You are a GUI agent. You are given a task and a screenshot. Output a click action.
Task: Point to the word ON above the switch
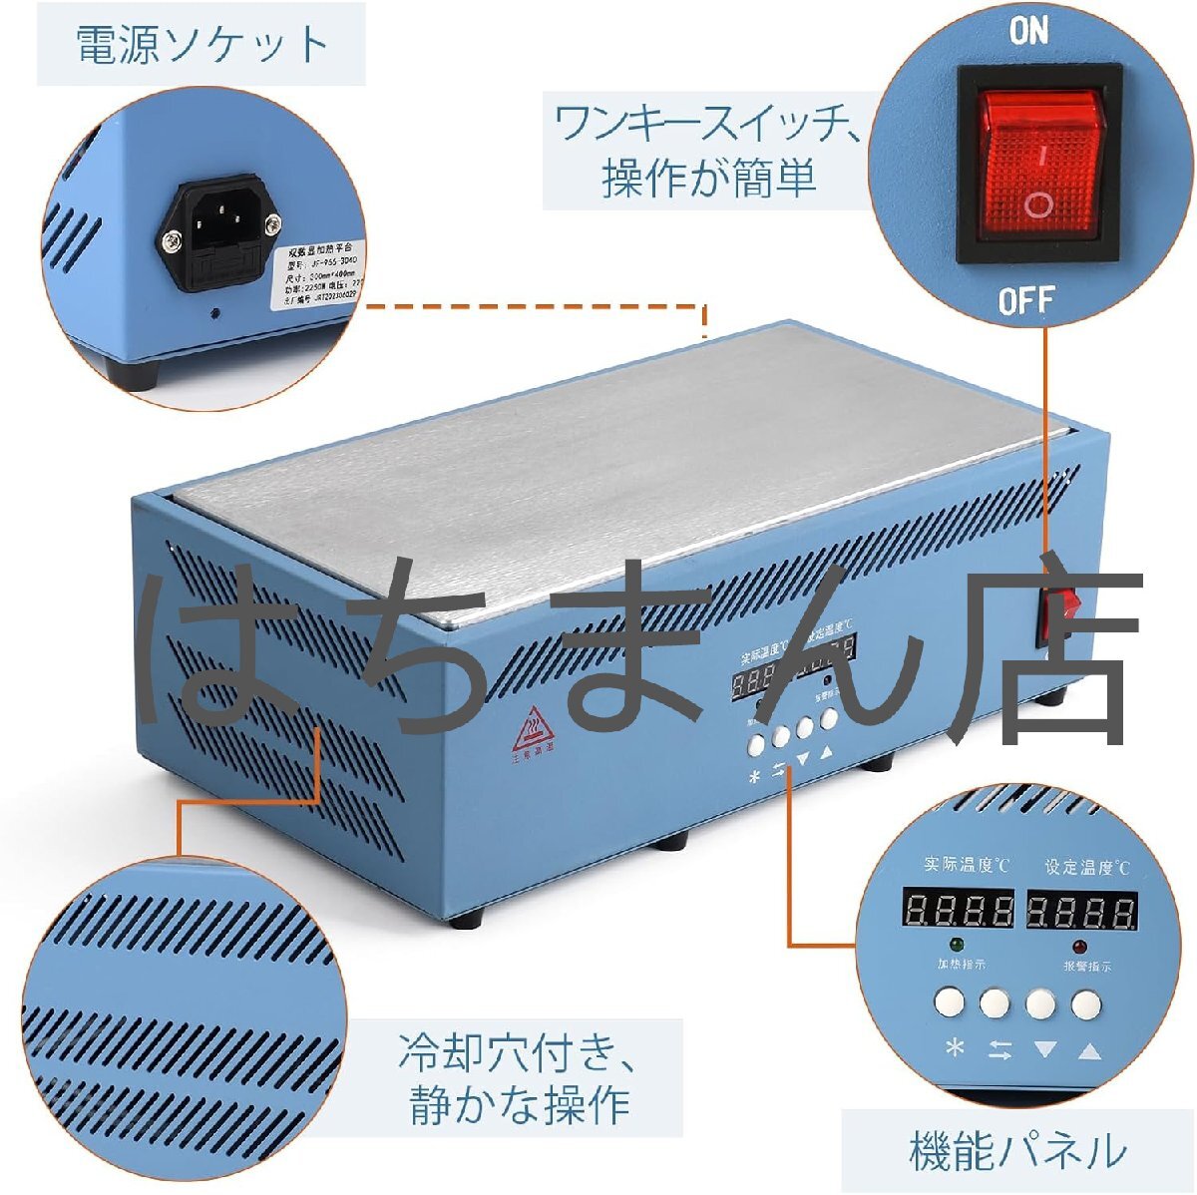(1029, 31)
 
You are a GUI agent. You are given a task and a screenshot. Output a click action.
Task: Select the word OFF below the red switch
(1026, 299)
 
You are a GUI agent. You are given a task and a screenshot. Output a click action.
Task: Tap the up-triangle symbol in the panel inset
(1088, 1049)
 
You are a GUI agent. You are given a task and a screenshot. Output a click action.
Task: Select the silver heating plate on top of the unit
(638, 449)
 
